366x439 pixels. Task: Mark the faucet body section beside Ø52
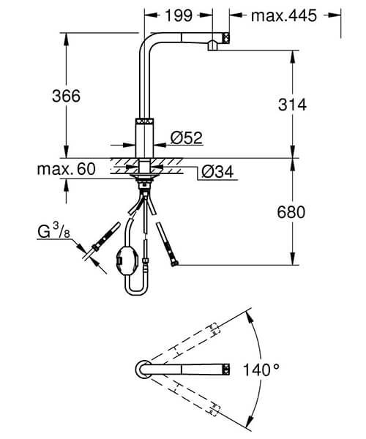[144, 136]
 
